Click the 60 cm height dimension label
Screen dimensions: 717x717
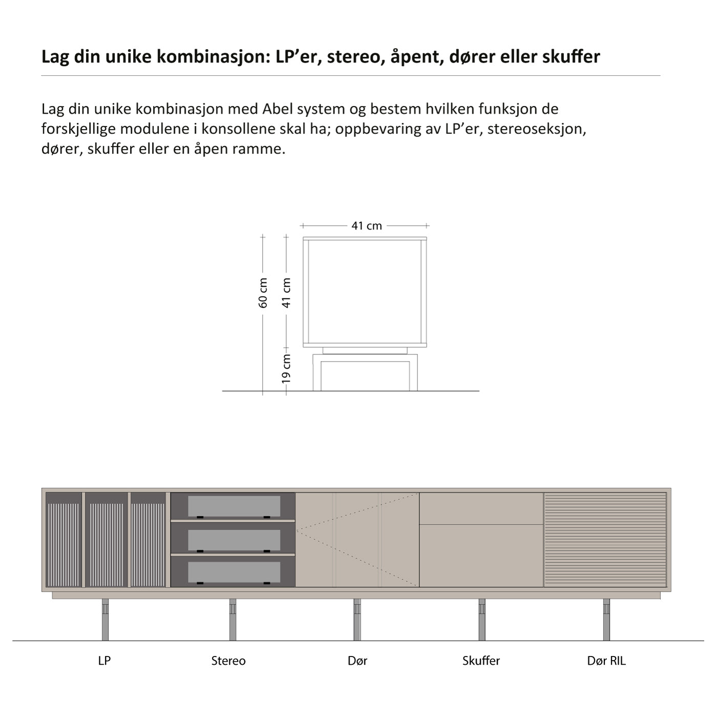263,292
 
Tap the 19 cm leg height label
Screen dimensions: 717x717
286,368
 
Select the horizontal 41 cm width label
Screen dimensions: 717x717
367,226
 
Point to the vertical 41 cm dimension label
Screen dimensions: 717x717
286,292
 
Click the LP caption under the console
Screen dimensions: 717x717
104,661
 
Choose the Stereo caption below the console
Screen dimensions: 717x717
228,661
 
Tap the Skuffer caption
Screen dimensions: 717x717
481,661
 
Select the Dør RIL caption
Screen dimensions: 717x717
606,661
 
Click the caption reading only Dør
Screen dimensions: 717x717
357,661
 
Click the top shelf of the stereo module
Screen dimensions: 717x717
234,506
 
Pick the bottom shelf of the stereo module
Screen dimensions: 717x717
234,572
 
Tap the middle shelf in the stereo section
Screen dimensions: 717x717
234,539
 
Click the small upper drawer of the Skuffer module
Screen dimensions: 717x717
481,509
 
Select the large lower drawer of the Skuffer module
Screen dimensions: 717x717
481,556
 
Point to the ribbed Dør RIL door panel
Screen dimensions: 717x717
605,540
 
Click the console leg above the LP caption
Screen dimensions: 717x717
105,620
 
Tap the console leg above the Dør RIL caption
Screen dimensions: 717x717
606,620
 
